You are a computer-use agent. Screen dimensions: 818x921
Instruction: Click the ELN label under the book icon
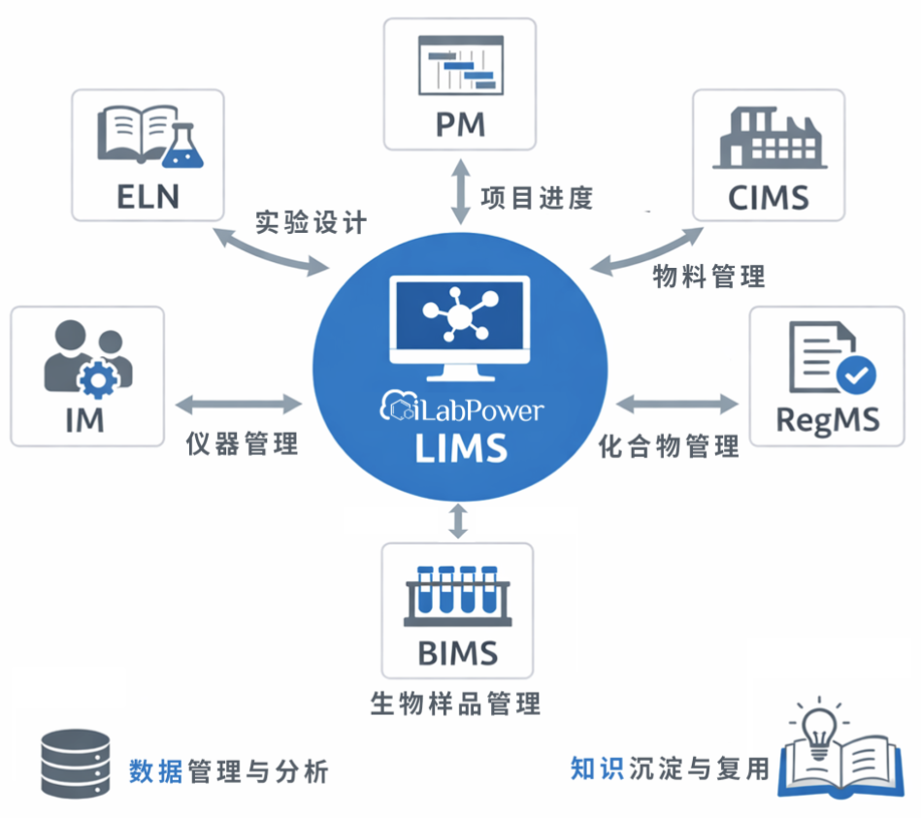(x=148, y=194)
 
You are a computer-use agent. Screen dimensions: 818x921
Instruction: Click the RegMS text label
(x=828, y=419)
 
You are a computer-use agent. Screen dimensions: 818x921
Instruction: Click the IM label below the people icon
(x=85, y=419)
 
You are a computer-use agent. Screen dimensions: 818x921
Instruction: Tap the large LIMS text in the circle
(x=460, y=448)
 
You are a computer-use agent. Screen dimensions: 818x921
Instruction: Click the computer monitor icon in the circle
(x=459, y=326)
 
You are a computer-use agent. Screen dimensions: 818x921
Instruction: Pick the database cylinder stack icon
(x=75, y=764)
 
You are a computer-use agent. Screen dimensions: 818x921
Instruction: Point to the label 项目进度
(x=537, y=198)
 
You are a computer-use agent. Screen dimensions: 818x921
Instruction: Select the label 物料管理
(x=708, y=276)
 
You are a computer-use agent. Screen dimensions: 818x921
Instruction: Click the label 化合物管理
(x=669, y=446)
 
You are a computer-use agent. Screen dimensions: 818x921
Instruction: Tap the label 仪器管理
(x=242, y=443)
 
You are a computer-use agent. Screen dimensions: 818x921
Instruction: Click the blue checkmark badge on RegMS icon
(x=855, y=373)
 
